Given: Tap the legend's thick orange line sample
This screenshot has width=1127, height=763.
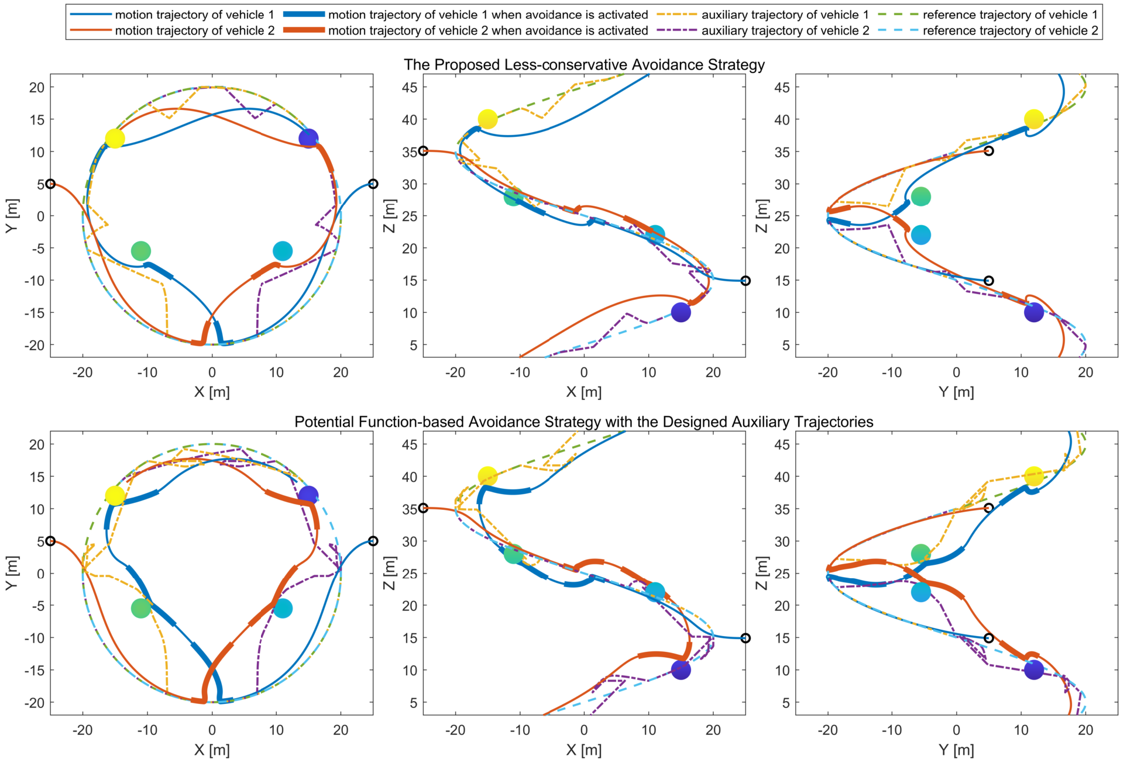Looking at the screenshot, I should (x=304, y=30).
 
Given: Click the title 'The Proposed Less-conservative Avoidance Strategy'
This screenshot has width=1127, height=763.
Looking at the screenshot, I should (x=584, y=64).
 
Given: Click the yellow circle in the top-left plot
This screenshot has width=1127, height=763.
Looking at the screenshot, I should (x=115, y=139).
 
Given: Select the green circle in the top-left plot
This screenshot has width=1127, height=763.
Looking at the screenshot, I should (x=140, y=251).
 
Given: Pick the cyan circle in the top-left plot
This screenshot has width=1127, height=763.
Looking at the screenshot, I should (x=283, y=251).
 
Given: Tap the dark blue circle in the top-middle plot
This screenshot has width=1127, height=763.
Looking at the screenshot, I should (x=681, y=312).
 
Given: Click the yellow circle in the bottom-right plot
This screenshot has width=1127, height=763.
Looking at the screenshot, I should (x=1033, y=476).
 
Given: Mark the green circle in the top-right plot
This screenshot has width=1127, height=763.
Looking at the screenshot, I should (x=920, y=196).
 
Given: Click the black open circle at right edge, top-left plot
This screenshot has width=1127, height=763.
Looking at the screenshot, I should (x=373, y=184).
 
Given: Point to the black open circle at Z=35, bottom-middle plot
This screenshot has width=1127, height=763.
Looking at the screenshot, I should (x=423, y=508).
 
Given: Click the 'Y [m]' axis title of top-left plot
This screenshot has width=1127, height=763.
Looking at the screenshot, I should (x=12, y=216).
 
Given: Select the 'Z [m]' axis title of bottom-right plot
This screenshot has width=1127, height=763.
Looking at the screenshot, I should (x=761, y=573).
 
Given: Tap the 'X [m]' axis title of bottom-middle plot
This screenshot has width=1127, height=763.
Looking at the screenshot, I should (x=584, y=750).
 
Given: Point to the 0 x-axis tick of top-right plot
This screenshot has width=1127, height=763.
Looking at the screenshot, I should (x=956, y=372).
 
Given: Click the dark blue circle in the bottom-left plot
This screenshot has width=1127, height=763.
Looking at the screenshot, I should (x=308, y=496).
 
